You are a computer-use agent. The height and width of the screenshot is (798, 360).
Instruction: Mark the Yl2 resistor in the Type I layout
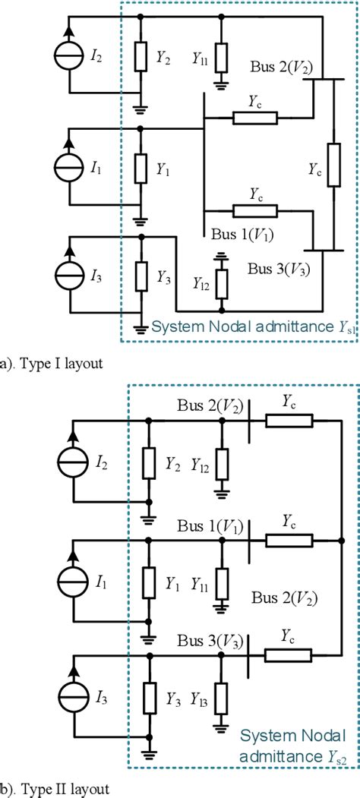221,285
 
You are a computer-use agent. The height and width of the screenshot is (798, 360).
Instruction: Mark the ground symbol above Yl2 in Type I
221,257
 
